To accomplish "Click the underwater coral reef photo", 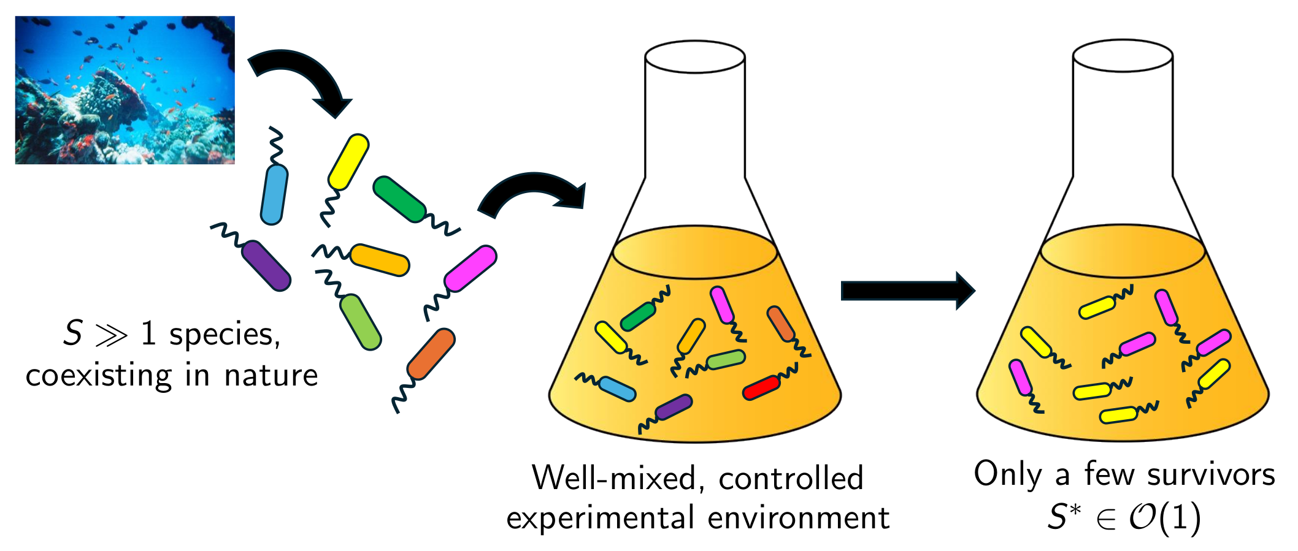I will (x=125, y=90).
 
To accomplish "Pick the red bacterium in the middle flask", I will (x=761, y=388).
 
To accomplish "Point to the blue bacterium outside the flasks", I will (x=274, y=194).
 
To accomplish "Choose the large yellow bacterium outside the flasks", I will (x=348, y=162).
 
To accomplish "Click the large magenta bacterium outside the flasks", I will (x=470, y=268).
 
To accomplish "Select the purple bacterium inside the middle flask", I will (x=674, y=407).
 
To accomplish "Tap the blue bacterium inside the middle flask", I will (x=616, y=389).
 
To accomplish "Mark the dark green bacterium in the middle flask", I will (x=638, y=316).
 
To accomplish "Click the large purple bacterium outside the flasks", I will (x=266, y=265).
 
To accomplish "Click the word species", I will (x=225, y=335).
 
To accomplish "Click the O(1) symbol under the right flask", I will (x=1164, y=519).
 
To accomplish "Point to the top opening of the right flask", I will (x=1123, y=56).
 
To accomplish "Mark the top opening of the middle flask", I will (x=695, y=57).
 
